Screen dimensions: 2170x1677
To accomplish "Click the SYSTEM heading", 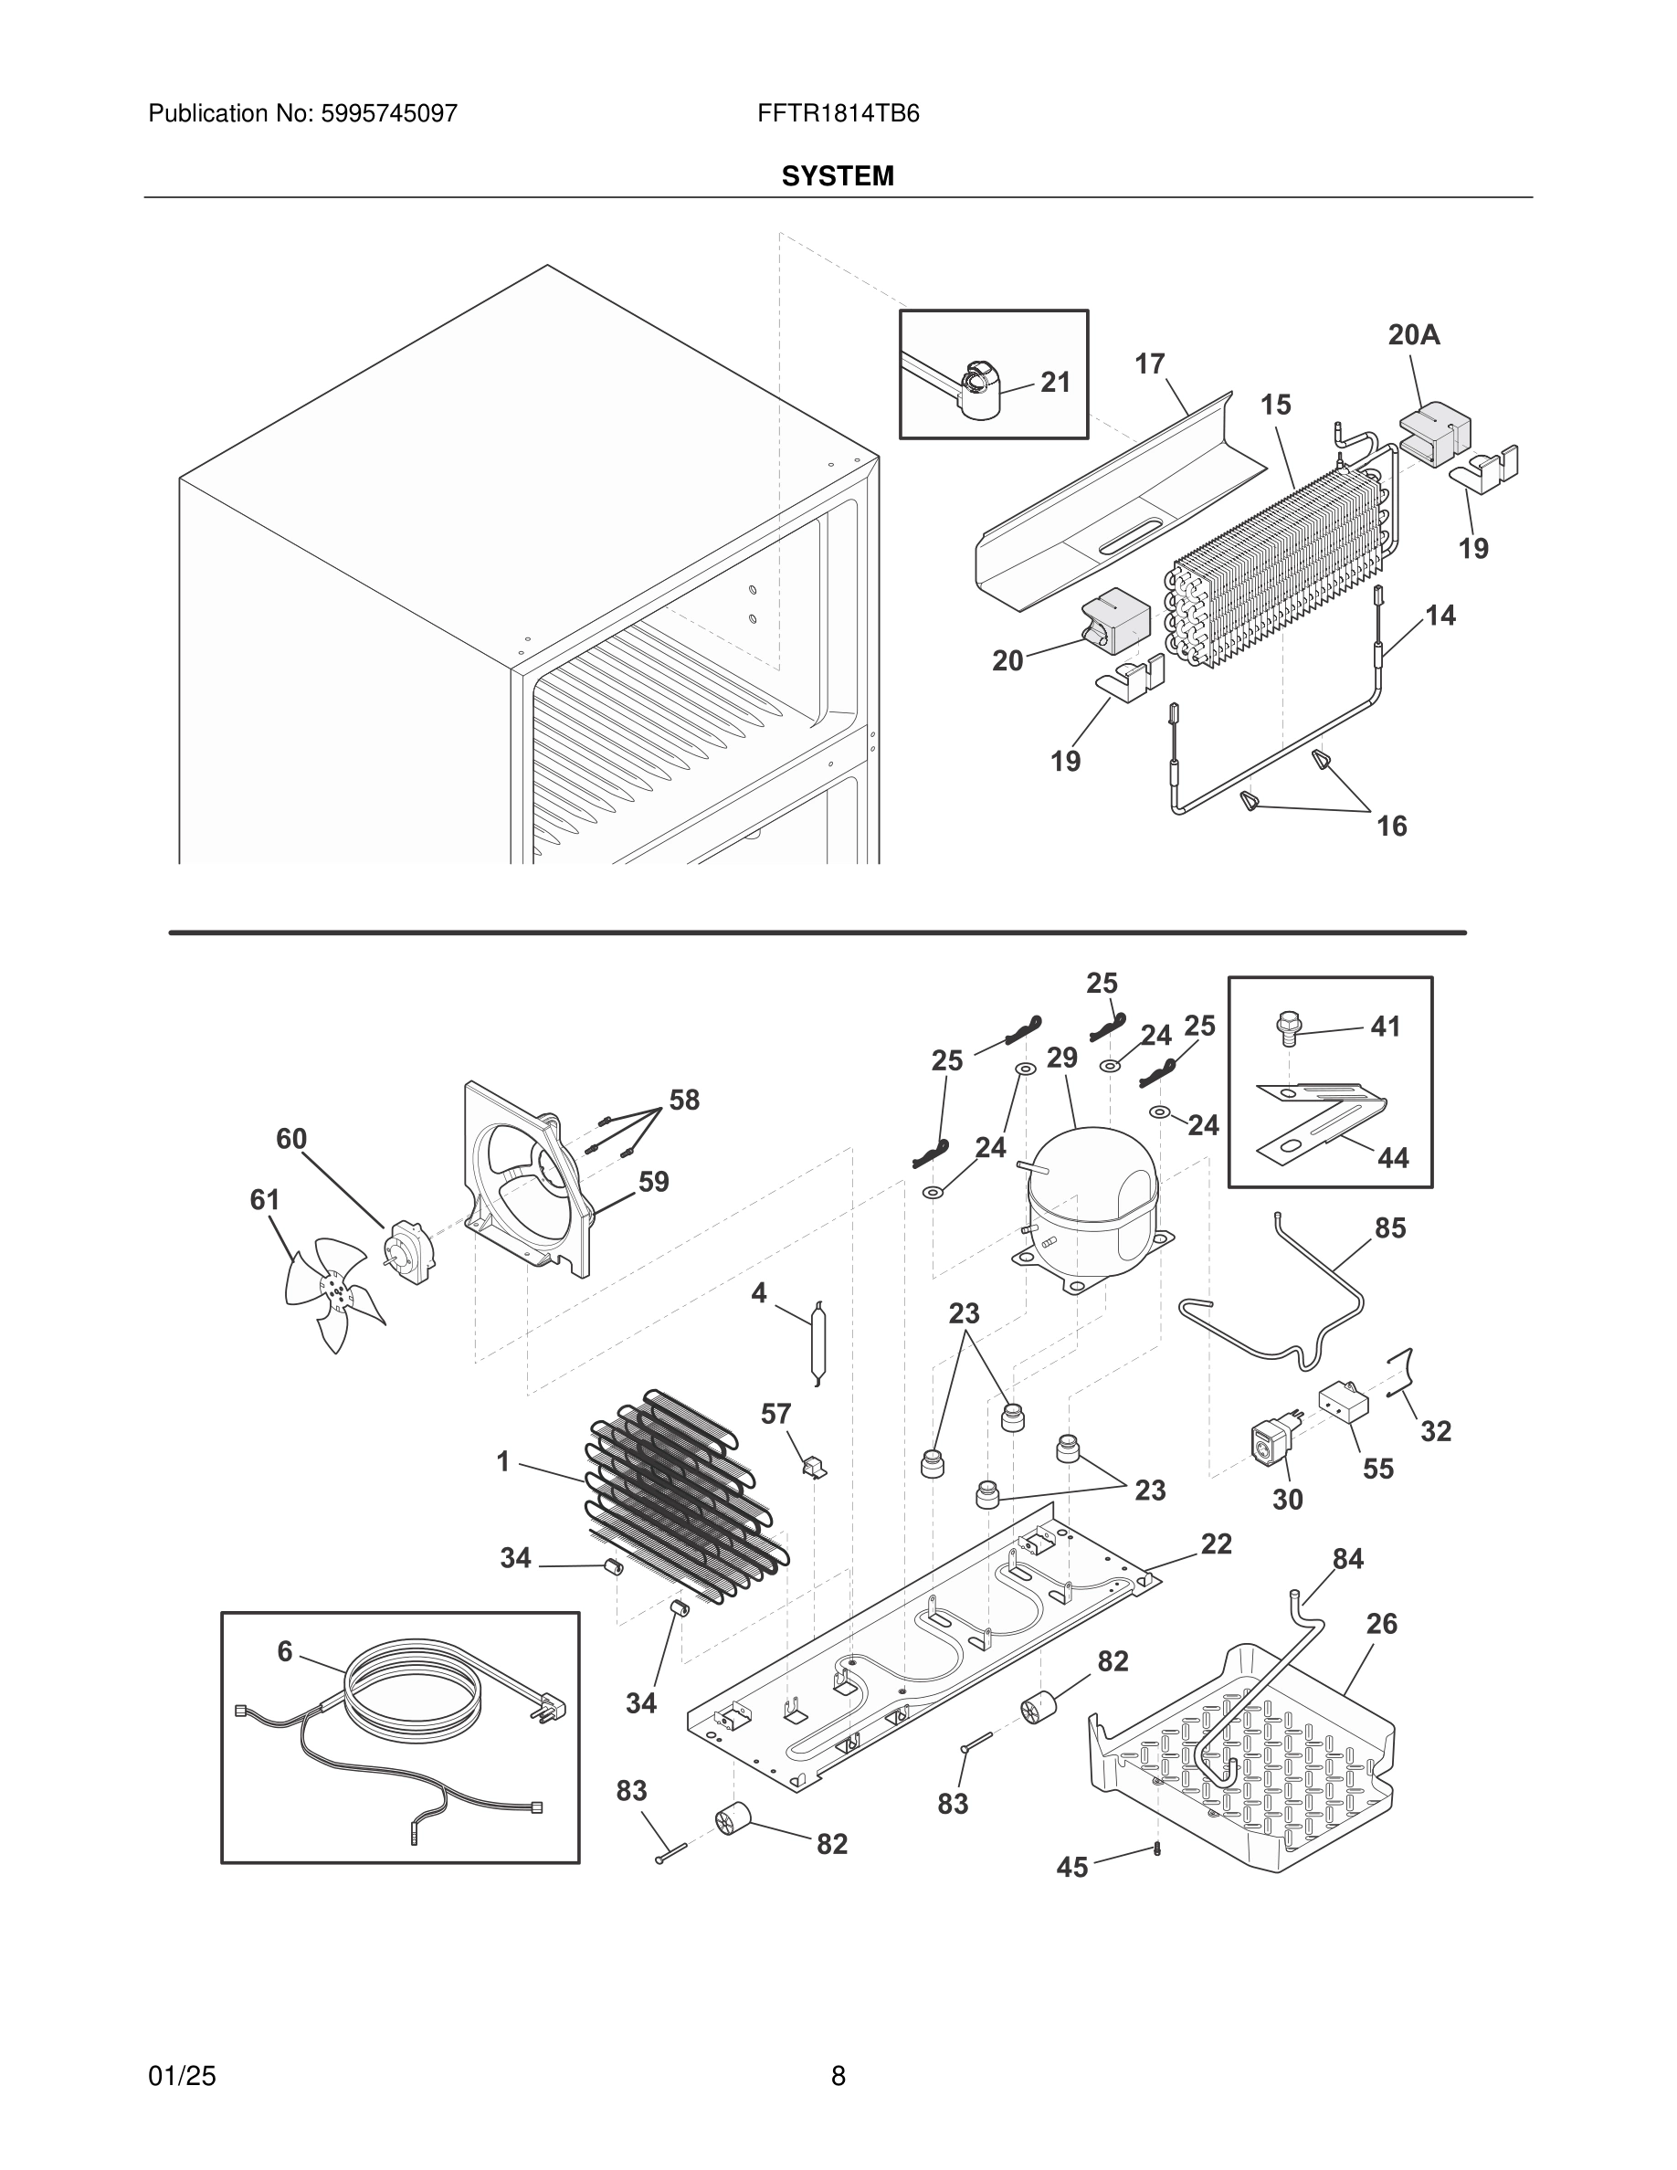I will [838, 176].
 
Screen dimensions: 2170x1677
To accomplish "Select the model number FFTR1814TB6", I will [838, 113].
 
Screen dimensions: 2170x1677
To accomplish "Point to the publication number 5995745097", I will [388, 113].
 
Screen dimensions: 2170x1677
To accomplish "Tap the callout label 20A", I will [1414, 335].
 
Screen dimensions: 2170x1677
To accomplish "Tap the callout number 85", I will [1390, 1228].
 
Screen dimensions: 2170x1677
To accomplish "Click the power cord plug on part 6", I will [554, 1709].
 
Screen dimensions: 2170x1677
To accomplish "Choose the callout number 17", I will [1149, 364].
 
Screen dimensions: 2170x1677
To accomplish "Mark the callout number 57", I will [775, 1414].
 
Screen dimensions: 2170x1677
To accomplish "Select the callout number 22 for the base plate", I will [1216, 1543].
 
